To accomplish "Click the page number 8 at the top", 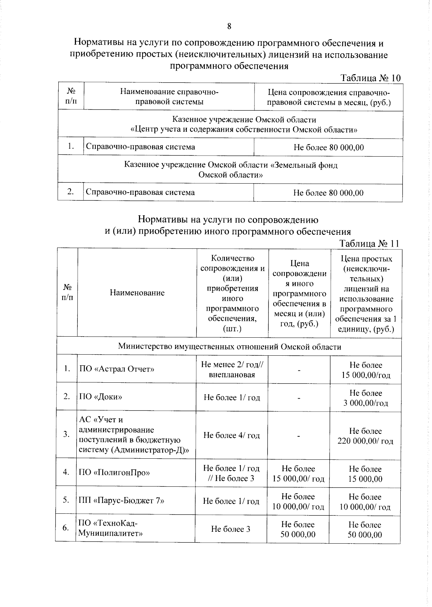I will coord(229,26).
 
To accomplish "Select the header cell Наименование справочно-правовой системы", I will coord(169,97).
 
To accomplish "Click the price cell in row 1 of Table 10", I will coord(328,148).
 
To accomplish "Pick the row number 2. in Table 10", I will coord(71,192).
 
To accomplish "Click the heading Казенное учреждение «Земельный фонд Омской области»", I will coord(230,170).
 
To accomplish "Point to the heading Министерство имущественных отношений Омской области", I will coord(229,347).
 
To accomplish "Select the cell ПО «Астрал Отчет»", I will coord(117,369).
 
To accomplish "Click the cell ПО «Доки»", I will coord(101,397).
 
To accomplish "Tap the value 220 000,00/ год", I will coord(365,441).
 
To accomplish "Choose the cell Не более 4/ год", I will coord(231,435).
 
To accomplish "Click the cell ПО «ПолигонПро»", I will coord(114,472).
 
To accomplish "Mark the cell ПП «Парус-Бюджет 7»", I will coord(121,500).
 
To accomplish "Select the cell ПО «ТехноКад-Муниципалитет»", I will coord(111,528).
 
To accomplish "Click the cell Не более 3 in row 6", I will coord(230,529).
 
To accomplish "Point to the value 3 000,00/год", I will coord(365,403).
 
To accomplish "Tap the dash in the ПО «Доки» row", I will coord(298,398).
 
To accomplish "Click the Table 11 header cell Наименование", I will coord(137,293).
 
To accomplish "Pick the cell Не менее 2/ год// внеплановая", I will coord(232,369).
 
